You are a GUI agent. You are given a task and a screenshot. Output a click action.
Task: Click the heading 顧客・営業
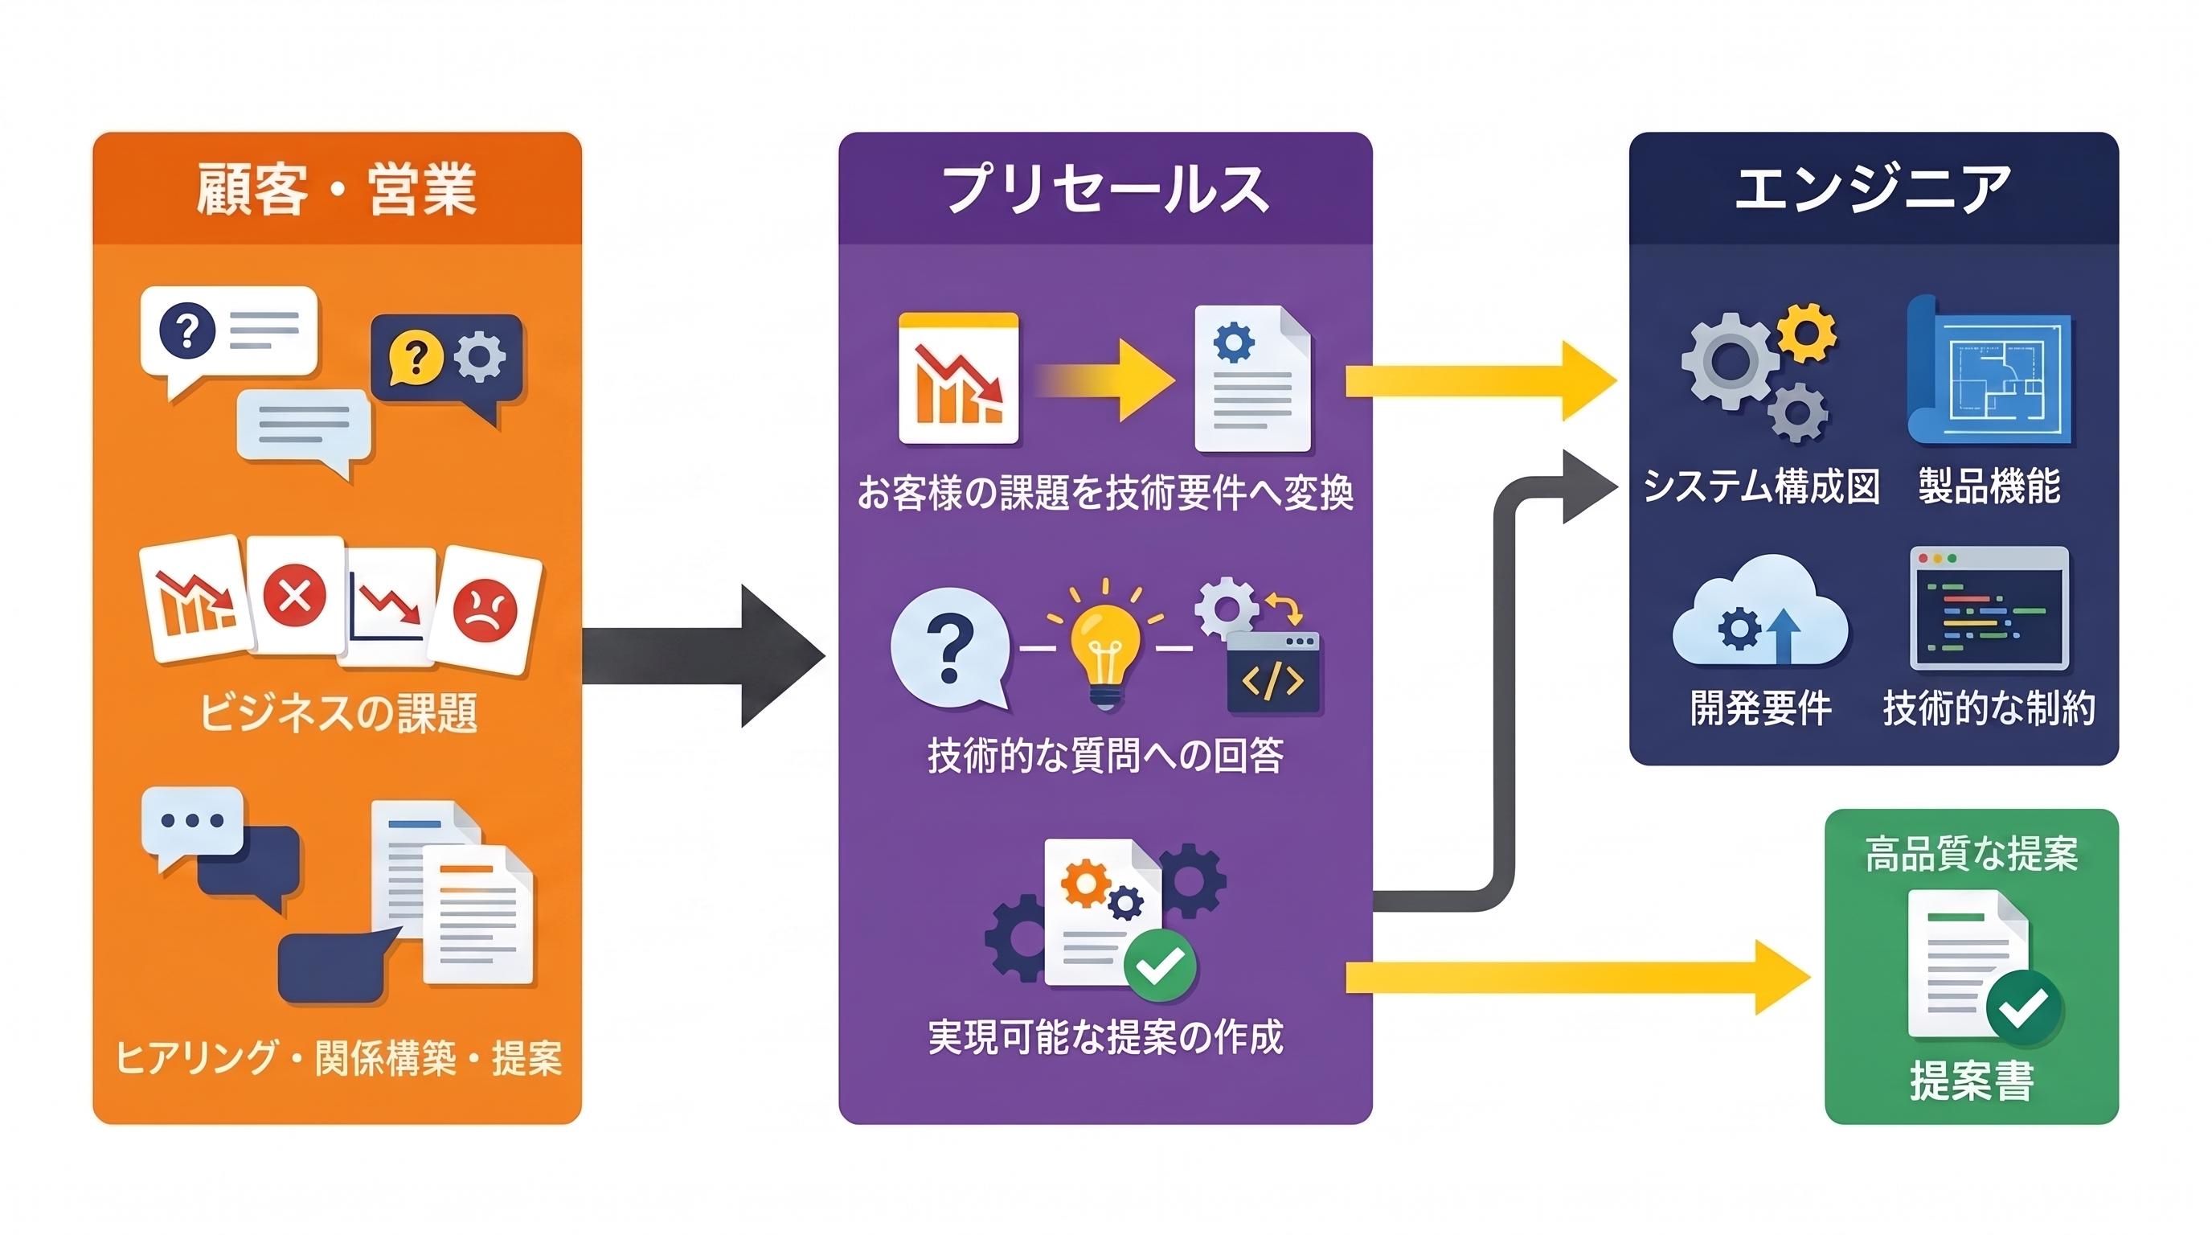tap(337, 189)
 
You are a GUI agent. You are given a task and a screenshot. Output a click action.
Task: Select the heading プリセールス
tap(1105, 189)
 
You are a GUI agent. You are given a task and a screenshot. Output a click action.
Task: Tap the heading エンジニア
tap(1874, 189)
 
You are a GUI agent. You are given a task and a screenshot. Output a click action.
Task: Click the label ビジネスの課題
tap(338, 712)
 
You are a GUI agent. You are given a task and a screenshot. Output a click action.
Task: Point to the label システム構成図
tap(1760, 486)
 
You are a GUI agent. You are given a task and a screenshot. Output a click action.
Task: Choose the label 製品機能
tap(1989, 486)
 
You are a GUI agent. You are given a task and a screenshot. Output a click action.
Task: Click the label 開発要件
tap(1760, 708)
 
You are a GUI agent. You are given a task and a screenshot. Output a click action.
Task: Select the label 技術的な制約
tap(1989, 708)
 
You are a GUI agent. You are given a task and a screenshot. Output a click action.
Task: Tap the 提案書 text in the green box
tap(1972, 1081)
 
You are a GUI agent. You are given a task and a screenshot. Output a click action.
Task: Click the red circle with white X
tap(293, 594)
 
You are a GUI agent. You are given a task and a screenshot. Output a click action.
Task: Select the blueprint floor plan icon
tap(1989, 371)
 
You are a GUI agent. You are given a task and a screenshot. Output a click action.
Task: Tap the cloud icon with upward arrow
tap(1760, 612)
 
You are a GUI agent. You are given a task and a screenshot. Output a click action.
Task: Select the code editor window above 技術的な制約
tap(1989, 608)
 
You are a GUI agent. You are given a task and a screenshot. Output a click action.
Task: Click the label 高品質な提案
tap(1972, 855)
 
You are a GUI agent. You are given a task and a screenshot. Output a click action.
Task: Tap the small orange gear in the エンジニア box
tap(1806, 332)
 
